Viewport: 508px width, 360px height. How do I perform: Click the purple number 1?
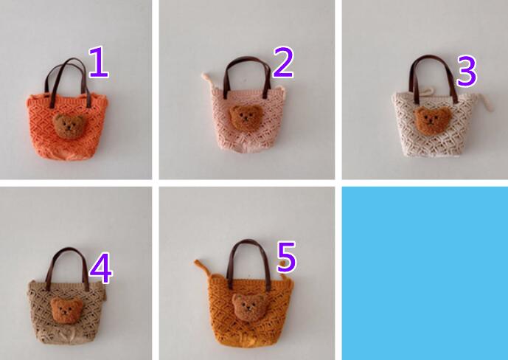pos(100,62)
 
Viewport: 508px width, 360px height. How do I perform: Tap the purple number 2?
pos(283,62)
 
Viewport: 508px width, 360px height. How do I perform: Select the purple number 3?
pos(467,71)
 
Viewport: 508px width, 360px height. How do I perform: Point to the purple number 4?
pos(101,269)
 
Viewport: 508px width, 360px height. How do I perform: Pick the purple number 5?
pos(287,257)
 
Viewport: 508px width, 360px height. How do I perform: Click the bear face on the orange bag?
pos(69,125)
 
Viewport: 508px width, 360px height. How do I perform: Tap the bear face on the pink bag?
pos(246,117)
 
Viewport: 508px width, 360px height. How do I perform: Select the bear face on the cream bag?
pos(433,120)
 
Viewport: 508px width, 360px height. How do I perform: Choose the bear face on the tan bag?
pos(66,311)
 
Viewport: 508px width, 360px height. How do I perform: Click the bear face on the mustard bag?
pos(248,307)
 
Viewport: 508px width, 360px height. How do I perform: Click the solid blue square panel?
pos(425,273)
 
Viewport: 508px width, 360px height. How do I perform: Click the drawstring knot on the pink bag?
pos(207,80)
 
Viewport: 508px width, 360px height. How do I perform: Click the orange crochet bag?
pos(66,126)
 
